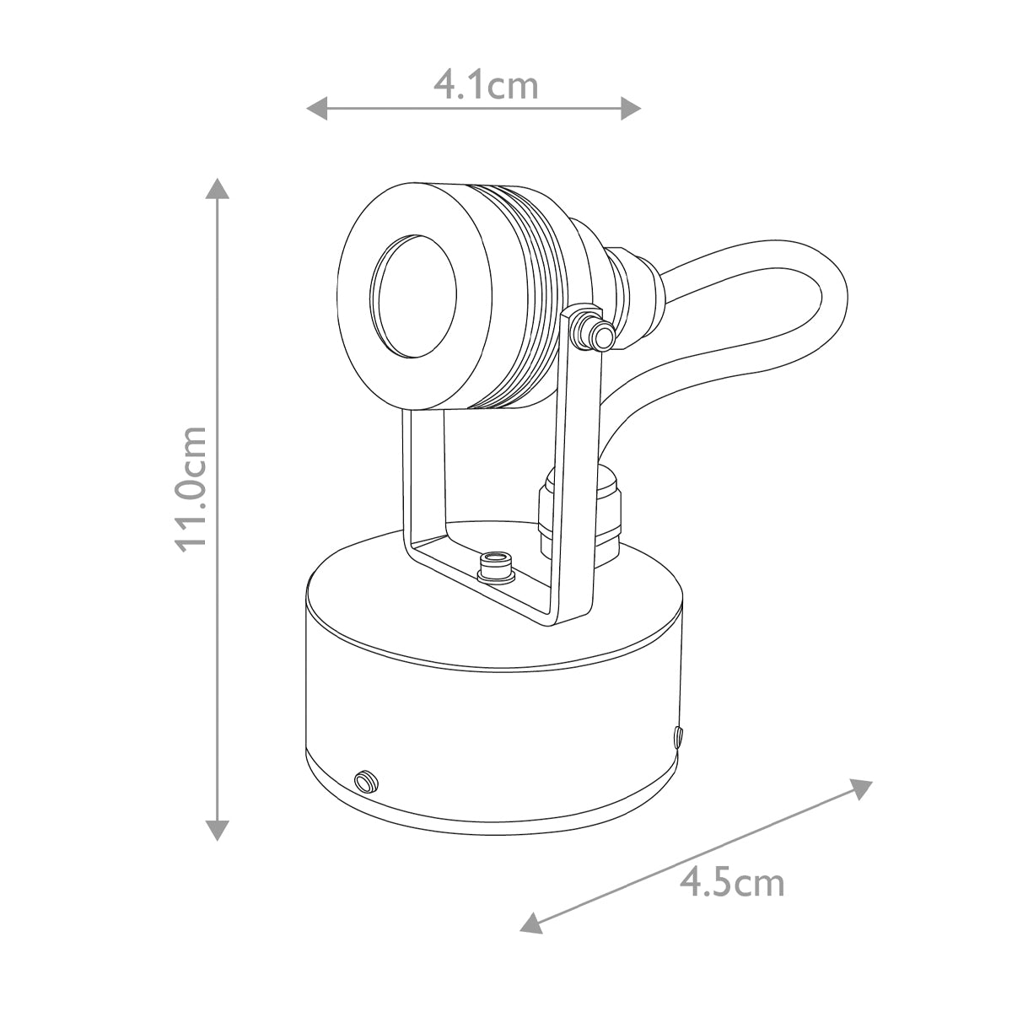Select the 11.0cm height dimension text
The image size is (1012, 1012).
coord(191,487)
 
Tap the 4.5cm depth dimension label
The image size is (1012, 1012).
coord(732,882)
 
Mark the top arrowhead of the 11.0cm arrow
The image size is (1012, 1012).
coord(218,188)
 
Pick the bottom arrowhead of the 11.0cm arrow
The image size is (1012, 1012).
coord(218,830)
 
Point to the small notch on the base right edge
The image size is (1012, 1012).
coord(678,737)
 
